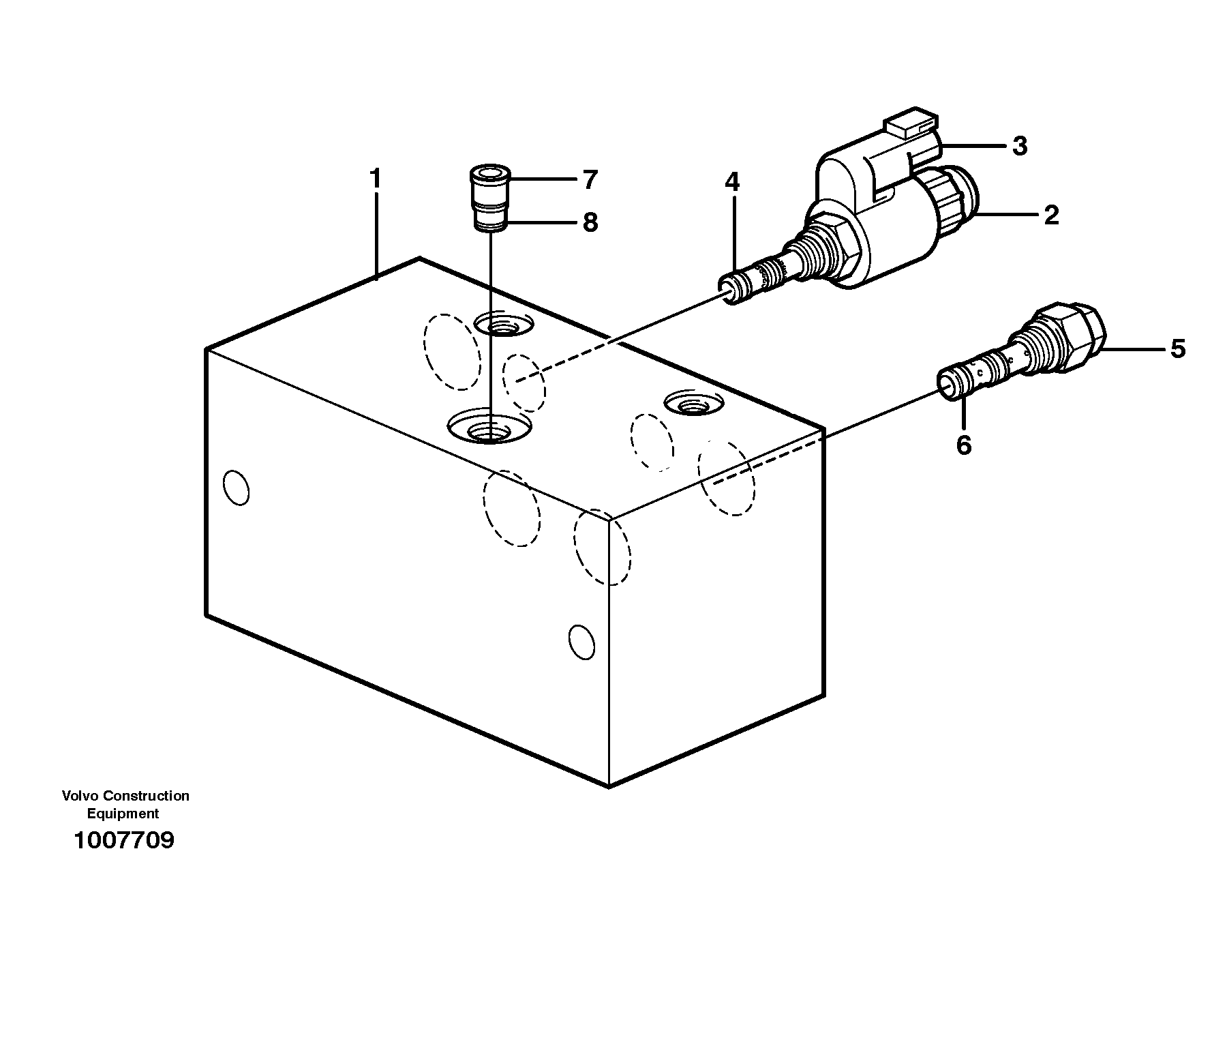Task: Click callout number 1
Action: click(x=374, y=179)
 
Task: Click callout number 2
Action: click(x=1051, y=215)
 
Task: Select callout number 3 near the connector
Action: click(x=1019, y=146)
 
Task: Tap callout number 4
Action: click(x=732, y=182)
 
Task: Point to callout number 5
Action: click(x=1178, y=349)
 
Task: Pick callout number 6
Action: click(x=963, y=445)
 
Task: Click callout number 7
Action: click(x=590, y=180)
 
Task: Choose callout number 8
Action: click(x=590, y=222)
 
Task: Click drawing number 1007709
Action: click(x=124, y=840)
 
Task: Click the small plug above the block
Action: click(x=490, y=198)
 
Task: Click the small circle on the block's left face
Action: click(x=236, y=488)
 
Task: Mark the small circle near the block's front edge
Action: click(x=581, y=642)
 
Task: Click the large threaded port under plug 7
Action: click(x=489, y=430)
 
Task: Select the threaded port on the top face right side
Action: click(x=692, y=404)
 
